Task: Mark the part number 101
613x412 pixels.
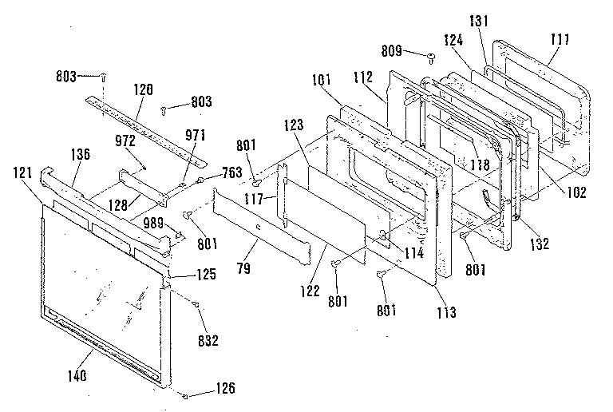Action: [322, 80]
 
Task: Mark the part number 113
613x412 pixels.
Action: [446, 312]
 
